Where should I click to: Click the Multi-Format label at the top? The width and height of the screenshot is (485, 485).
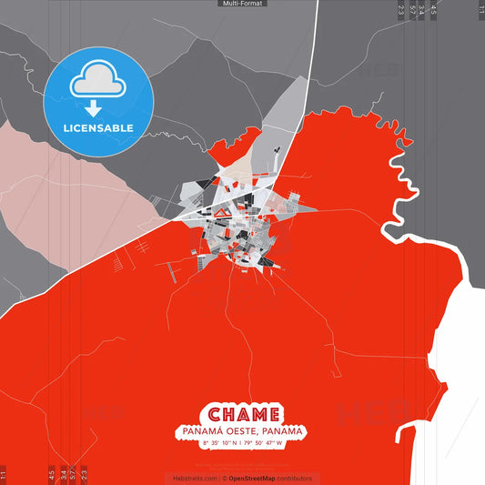tap(241, 4)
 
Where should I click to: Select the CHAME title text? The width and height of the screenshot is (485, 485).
tap(242, 414)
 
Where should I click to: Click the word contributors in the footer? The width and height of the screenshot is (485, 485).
tap(295, 478)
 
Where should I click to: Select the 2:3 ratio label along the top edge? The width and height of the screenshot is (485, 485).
tap(400, 11)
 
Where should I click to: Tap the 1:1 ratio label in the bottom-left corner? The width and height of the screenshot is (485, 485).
tap(4, 474)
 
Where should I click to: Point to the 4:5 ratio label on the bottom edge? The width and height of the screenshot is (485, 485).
tap(51, 474)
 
